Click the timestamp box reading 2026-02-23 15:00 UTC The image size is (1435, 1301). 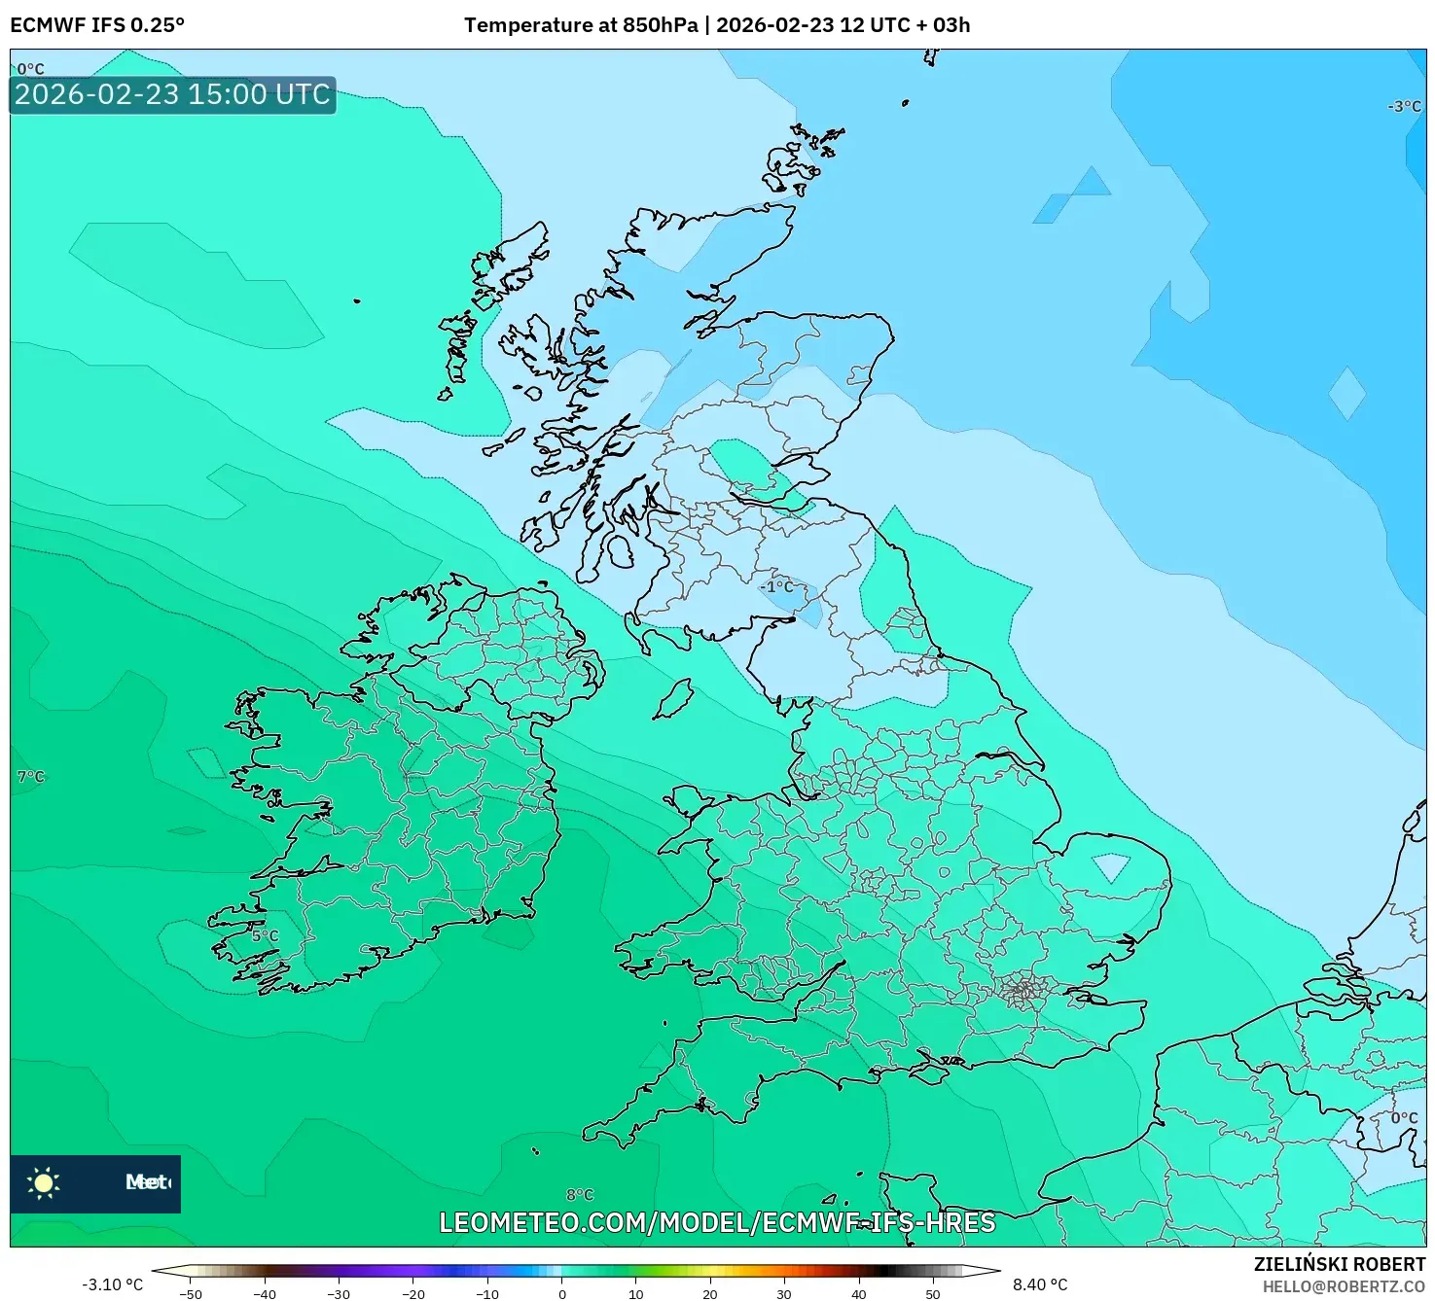click(x=172, y=95)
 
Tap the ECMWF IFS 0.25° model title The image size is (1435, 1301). click(x=97, y=25)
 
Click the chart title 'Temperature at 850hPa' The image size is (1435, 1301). click(x=581, y=25)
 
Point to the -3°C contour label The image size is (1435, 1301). click(x=1404, y=106)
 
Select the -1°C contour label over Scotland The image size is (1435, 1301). click(x=776, y=586)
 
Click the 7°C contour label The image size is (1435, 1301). click(x=31, y=776)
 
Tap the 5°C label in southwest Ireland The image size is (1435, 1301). click(x=265, y=935)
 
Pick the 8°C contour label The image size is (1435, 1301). click(x=580, y=1194)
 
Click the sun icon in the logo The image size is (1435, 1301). click(x=44, y=1183)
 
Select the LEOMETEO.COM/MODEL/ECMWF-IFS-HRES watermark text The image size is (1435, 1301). click(x=717, y=1222)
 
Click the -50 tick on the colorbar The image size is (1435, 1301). click(x=191, y=1293)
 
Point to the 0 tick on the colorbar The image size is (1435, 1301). click(x=562, y=1293)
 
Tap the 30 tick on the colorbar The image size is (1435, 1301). click(x=784, y=1293)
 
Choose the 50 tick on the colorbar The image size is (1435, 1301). click(x=933, y=1293)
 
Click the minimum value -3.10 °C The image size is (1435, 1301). click(x=112, y=1284)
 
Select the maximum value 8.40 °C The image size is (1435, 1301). click(x=1040, y=1284)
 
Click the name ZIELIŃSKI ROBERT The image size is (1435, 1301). click(x=1339, y=1264)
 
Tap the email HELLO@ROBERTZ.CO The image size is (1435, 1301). click(x=1344, y=1286)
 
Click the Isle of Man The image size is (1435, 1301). click(x=672, y=699)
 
